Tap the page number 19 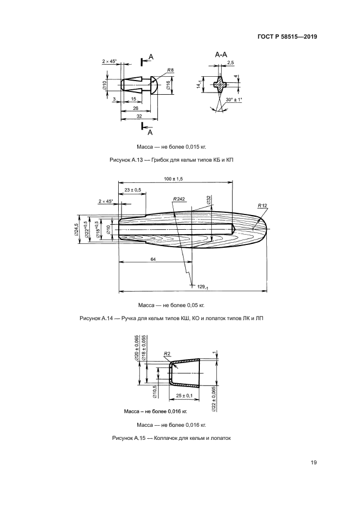point(314,463)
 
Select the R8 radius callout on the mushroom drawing point(170,71)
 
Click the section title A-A point(221,55)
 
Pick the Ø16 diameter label point(168,86)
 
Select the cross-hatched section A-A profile point(219,84)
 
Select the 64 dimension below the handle point(154,260)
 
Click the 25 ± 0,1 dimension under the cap point(185,395)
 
